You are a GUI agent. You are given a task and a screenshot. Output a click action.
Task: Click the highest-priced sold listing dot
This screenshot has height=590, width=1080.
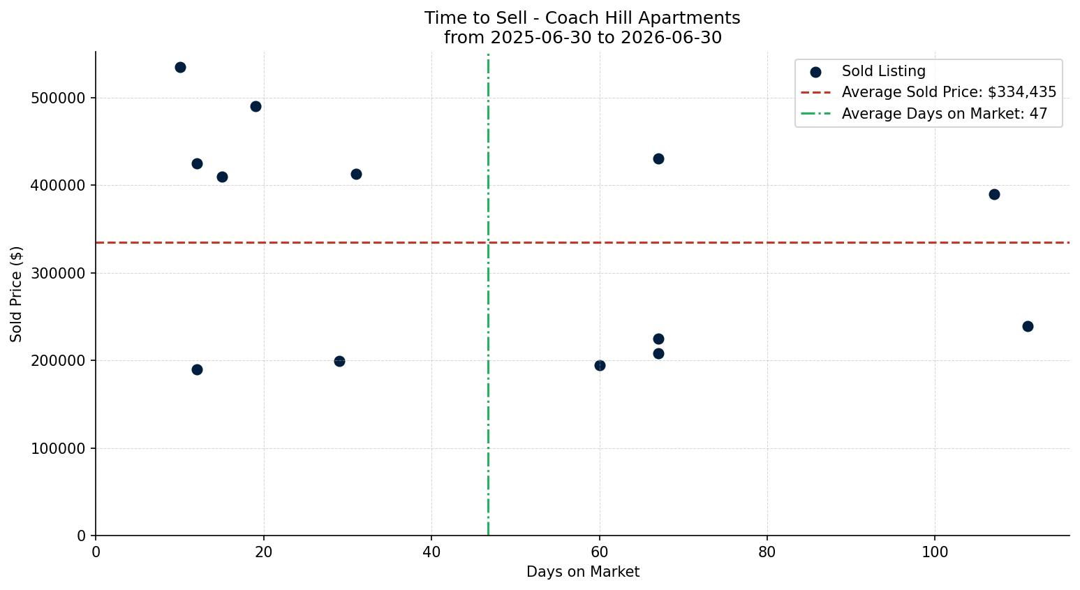180,68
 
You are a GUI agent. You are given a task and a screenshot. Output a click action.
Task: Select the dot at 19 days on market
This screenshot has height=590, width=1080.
256,107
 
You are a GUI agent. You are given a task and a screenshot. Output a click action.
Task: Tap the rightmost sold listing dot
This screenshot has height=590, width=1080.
1028,326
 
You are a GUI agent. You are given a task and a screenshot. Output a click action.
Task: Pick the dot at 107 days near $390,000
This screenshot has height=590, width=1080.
994,195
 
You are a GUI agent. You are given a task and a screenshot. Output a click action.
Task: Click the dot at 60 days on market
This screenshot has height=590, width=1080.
600,365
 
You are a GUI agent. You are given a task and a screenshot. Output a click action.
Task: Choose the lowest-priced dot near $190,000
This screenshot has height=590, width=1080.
197,370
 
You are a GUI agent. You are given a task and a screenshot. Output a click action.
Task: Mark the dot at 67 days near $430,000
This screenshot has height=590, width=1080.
658,159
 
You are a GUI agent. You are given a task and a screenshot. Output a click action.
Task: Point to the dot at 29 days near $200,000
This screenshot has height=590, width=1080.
339,362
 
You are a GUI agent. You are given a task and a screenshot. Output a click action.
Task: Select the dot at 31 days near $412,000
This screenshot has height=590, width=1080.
356,175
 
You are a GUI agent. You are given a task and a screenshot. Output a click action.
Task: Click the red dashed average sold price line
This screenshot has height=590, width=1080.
582,242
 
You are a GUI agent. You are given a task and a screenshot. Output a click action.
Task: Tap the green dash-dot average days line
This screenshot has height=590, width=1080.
489,295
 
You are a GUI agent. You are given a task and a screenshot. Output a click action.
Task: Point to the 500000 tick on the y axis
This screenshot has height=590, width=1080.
93,98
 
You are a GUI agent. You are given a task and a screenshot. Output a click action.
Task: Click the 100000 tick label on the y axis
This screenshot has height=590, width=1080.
58,449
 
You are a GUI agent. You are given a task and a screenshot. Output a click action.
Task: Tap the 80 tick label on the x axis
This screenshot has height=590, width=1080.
767,552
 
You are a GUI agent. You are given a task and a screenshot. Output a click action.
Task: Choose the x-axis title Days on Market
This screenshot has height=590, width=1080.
583,572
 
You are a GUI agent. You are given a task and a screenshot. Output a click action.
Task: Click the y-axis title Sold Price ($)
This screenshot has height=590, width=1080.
16,294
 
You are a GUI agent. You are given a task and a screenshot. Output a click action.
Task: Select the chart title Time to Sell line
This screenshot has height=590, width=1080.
582,18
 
